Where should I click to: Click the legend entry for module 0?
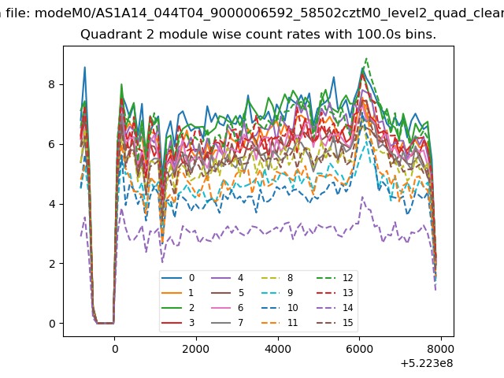178,278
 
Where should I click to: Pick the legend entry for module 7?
228,322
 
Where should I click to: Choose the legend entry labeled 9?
280,292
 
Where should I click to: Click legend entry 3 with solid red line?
178,322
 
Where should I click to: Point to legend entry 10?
280,308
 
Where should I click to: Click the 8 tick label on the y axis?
52,84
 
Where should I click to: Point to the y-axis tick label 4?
52,204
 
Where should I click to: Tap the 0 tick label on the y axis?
52,324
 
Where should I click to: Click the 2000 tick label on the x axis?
196,349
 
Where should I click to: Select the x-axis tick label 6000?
359,349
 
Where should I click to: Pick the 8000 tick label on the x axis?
441,349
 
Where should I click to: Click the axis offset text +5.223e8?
427,364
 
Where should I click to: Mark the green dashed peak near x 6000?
366,58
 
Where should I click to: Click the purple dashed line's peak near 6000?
362,197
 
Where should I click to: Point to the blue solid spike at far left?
85,67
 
